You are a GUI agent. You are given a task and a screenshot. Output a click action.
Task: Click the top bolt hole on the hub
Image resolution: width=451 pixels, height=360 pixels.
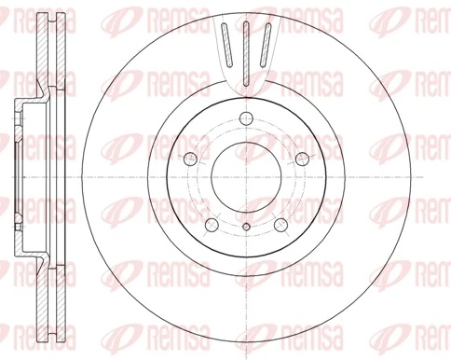[x=245, y=118]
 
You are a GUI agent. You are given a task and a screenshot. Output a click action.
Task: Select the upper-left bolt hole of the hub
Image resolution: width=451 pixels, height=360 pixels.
[x=189, y=158]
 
